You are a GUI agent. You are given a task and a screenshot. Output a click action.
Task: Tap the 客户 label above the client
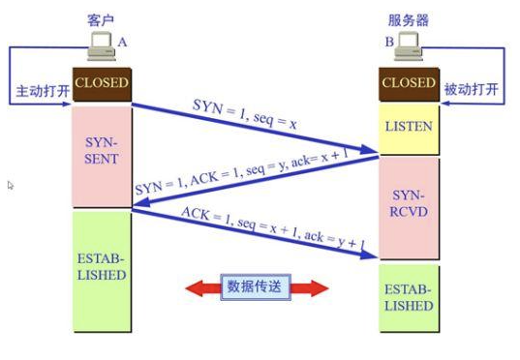[x=101, y=16]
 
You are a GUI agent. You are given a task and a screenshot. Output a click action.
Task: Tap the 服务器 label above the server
[x=408, y=16]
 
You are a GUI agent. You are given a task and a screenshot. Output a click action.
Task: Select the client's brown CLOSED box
[x=101, y=83]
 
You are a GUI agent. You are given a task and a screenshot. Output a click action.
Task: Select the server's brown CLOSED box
[x=409, y=83]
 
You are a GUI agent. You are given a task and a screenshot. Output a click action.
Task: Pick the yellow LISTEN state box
[x=409, y=127]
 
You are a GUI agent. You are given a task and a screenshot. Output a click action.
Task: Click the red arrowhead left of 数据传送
[x=198, y=287]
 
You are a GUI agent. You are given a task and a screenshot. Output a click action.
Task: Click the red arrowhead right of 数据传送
[x=316, y=287]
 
